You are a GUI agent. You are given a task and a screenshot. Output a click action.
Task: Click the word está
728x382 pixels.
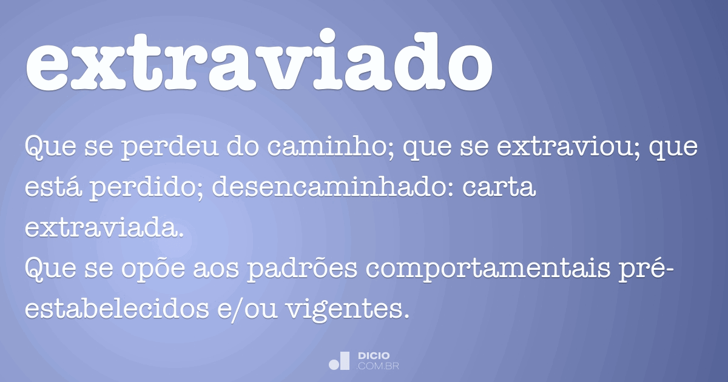(x=51, y=189)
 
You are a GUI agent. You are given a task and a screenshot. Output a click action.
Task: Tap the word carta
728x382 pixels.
(x=499, y=190)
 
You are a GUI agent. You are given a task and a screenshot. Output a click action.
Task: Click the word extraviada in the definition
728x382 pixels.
(x=104, y=229)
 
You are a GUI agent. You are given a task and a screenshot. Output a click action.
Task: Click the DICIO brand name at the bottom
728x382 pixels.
(x=374, y=355)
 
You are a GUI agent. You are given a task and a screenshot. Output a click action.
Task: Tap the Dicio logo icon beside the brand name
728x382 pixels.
(x=339, y=360)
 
